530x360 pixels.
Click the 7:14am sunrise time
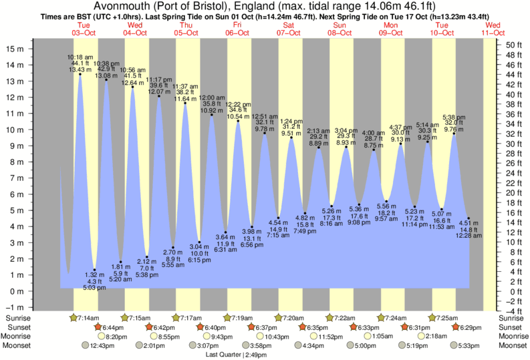(x=88, y=318)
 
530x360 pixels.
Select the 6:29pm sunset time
(x=467, y=327)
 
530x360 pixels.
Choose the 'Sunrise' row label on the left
(x=18, y=318)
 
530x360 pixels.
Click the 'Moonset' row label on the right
(x=511, y=346)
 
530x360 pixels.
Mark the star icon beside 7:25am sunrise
(x=432, y=318)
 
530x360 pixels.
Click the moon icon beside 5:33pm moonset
(x=454, y=346)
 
